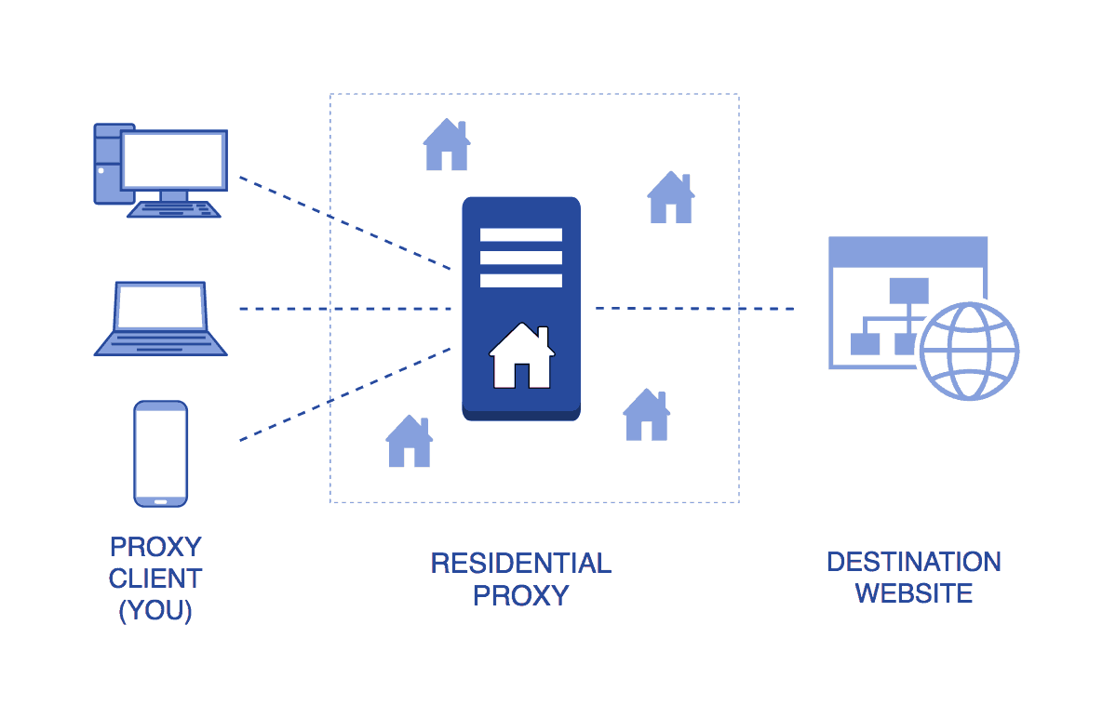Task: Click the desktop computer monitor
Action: (x=174, y=160)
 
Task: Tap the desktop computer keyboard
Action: (x=174, y=209)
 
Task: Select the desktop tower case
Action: (x=106, y=164)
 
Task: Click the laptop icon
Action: (x=160, y=319)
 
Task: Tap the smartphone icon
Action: (x=161, y=453)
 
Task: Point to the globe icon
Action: (x=969, y=352)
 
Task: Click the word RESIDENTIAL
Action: (x=520, y=563)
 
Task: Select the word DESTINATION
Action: (x=913, y=562)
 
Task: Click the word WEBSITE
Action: (x=913, y=593)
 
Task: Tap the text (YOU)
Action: (x=155, y=612)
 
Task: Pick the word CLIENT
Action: (x=155, y=578)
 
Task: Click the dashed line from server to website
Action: (x=694, y=308)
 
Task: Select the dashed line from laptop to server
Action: (x=344, y=308)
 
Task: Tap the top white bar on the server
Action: (x=520, y=234)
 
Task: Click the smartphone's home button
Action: (x=161, y=502)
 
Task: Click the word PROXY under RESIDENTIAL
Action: (x=520, y=595)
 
